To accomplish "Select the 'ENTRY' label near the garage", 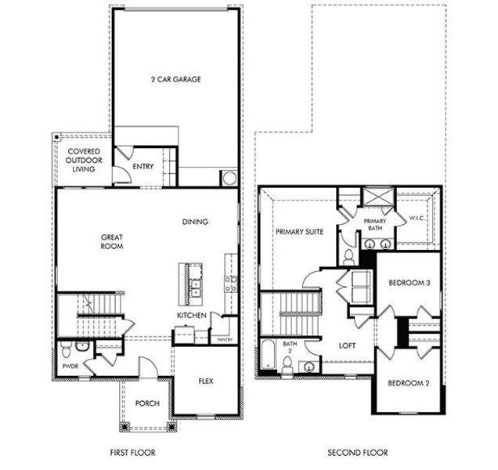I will click(143, 166).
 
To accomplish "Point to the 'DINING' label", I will click(195, 222).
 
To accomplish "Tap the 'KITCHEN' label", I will click(191, 315).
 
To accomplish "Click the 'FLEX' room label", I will click(204, 381).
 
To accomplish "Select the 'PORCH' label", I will click(146, 403).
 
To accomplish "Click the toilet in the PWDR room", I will click(67, 346).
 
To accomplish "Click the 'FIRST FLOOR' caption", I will click(133, 453).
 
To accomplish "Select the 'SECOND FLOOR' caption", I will click(357, 453).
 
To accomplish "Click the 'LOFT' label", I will click(347, 345).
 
